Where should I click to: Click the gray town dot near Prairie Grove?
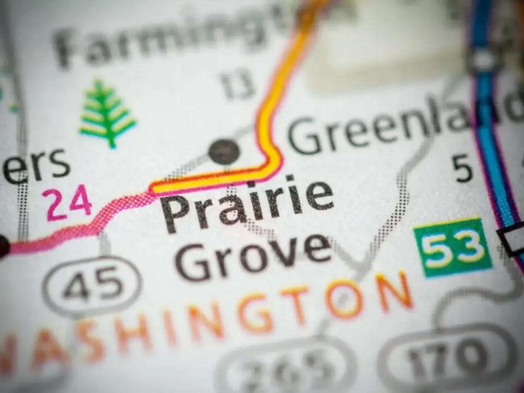coord(224,152)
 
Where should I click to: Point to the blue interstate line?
coord(491,131)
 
